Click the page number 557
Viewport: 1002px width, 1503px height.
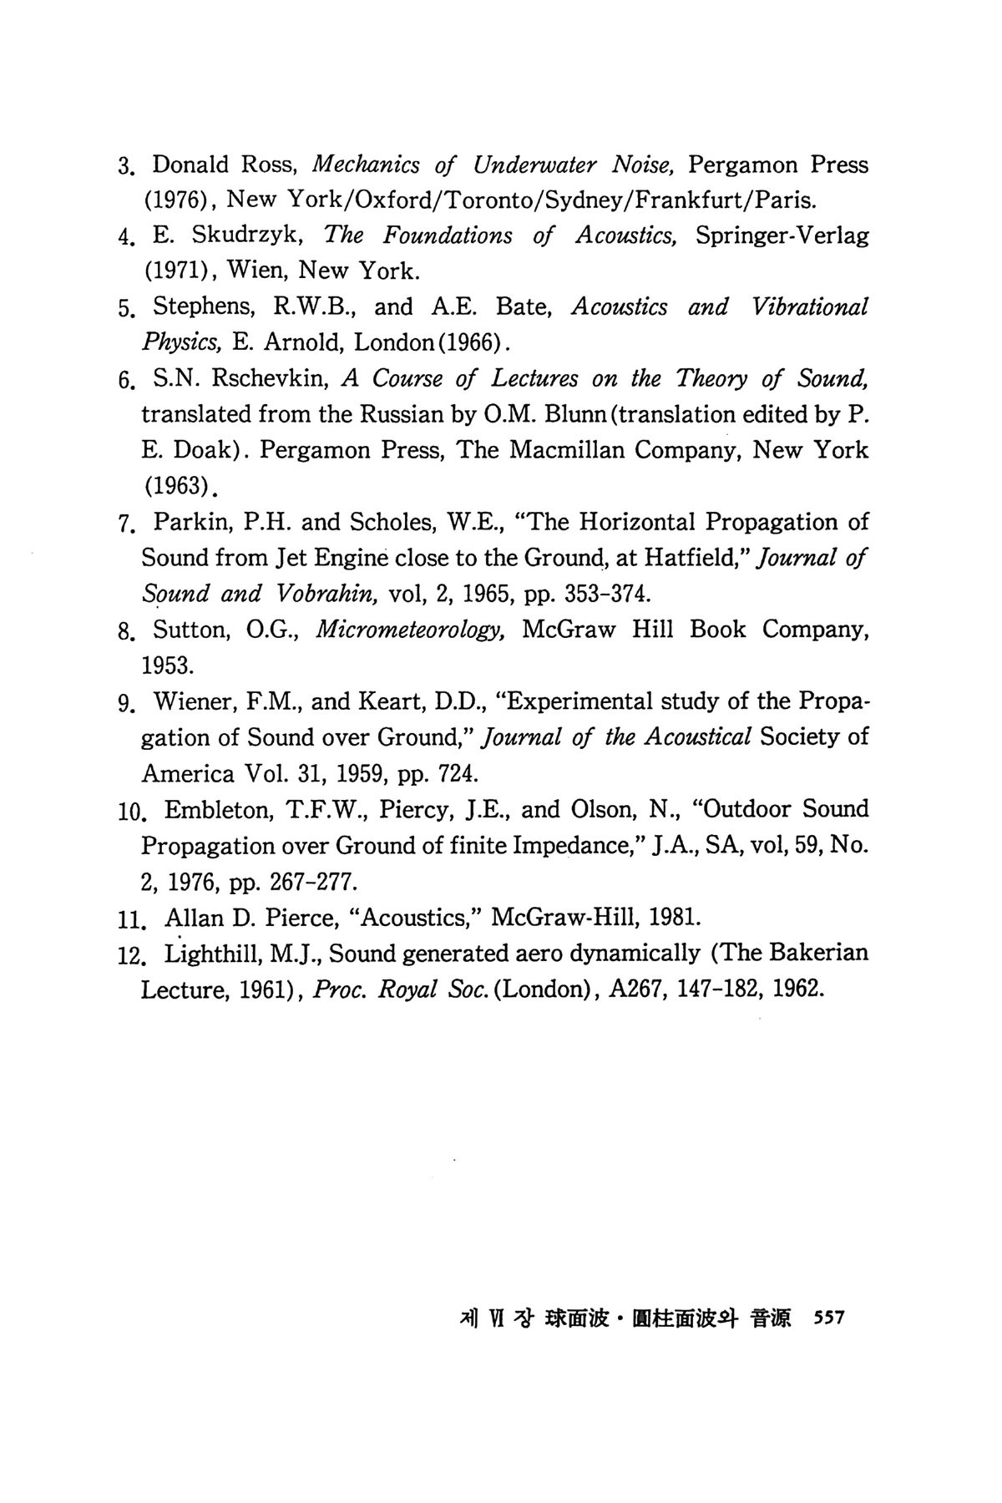pyautogui.click(x=829, y=1318)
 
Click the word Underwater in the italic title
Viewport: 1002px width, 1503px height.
pyautogui.click(x=534, y=164)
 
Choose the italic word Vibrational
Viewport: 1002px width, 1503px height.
pyautogui.click(x=810, y=306)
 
